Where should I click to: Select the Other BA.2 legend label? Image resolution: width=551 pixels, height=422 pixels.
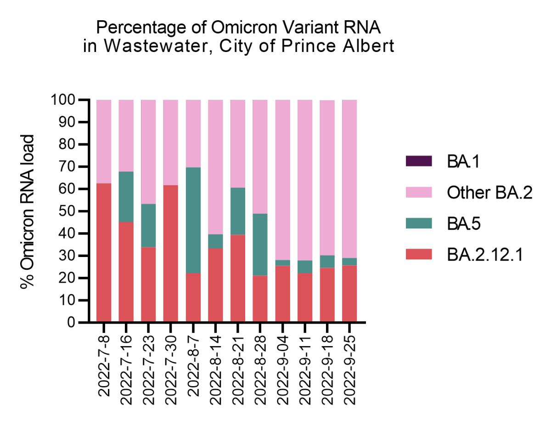(489, 193)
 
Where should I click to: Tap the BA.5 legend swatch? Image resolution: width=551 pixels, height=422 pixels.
(418, 223)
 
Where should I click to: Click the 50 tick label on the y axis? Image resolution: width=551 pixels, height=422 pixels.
(68, 211)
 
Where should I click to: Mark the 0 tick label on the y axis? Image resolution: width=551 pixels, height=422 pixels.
(71, 323)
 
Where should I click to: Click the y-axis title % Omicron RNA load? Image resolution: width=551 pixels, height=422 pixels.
(28, 211)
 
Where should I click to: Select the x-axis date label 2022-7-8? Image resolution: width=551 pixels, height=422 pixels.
(104, 363)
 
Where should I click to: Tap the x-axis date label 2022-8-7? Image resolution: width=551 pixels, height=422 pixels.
(193, 363)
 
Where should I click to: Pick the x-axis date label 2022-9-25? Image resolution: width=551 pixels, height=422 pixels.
(350, 366)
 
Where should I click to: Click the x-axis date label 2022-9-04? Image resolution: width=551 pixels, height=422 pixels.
(283, 366)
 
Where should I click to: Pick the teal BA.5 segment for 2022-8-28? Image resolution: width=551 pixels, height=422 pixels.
(260, 245)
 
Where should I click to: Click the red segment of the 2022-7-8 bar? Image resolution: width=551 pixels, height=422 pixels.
(104, 253)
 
